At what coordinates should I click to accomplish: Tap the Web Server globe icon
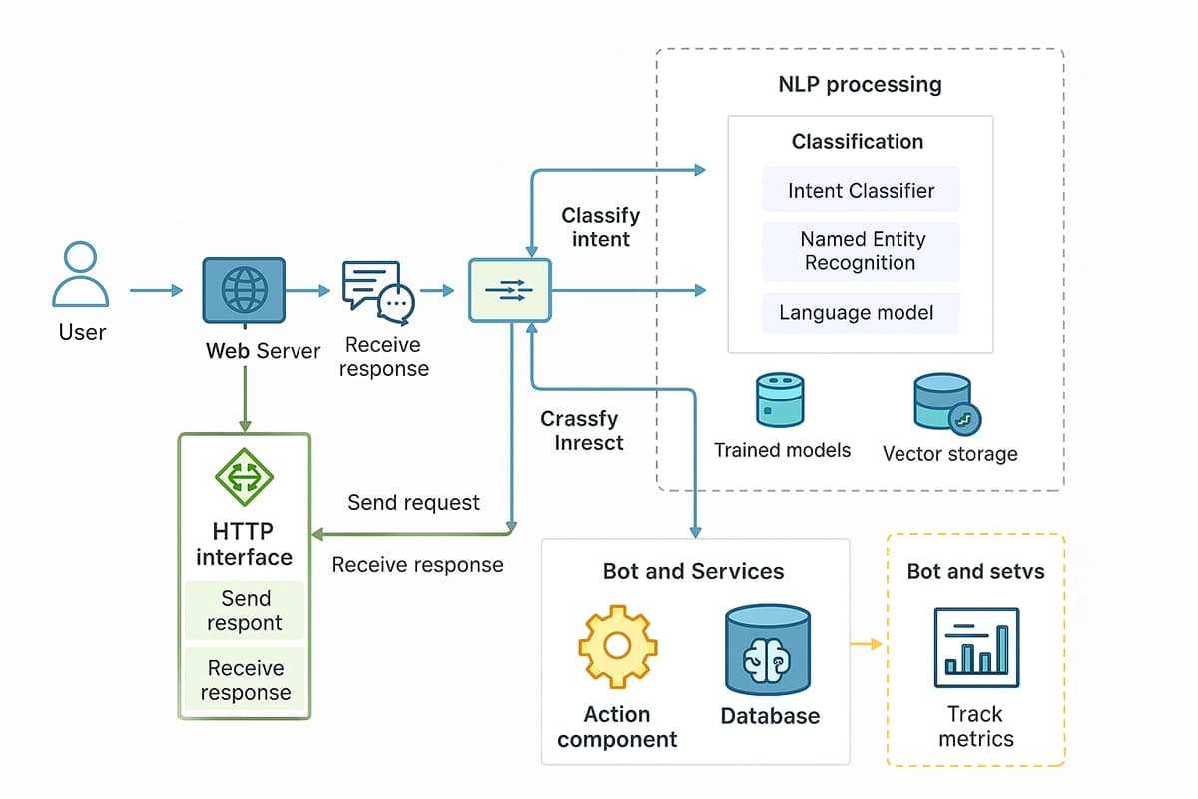[243, 291]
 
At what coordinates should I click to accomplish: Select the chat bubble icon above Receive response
[377, 292]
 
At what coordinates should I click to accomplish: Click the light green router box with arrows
[509, 290]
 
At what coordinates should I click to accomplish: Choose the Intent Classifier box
[860, 190]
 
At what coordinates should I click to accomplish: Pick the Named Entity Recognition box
[860, 251]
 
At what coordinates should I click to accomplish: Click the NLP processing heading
[860, 84]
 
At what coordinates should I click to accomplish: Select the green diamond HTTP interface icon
[245, 476]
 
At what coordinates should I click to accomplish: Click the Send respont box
[245, 611]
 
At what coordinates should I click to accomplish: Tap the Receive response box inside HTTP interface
[245, 680]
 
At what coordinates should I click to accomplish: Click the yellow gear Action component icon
[617, 646]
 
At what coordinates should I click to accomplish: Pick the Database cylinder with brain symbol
[769, 649]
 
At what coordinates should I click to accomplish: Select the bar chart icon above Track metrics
[975, 648]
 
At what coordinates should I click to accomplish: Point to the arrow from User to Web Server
[156, 291]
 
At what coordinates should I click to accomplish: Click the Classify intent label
[600, 227]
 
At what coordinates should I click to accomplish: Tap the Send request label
[413, 503]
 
